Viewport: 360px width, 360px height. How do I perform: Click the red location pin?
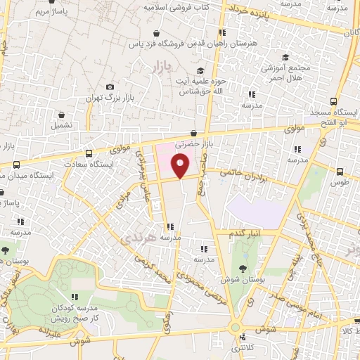(181, 166)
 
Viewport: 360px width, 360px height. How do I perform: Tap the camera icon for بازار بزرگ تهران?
(110, 87)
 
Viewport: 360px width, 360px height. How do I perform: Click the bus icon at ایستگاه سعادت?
(89, 154)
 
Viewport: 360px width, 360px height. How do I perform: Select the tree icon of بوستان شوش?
(243, 268)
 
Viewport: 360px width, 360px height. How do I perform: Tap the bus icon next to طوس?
(340, 172)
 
